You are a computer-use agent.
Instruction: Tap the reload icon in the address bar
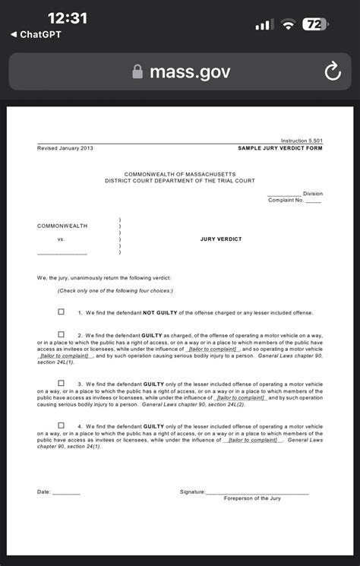[x=333, y=72]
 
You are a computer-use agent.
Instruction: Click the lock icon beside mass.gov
[x=137, y=72]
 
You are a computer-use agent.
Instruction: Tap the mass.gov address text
[x=190, y=72]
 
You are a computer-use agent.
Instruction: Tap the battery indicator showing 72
[x=314, y=24]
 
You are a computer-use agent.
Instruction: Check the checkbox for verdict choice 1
[x=62, y=311]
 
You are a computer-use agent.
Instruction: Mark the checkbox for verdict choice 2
[x=62, y=334]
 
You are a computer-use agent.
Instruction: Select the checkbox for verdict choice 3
[x=62, y=384]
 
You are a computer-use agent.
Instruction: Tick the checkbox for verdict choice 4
[x=62, y=425]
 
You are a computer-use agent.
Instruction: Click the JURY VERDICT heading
[x=221, y=239]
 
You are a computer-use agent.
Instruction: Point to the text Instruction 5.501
[x=302, y=141]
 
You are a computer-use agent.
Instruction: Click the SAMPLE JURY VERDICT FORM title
[x=280, y=148]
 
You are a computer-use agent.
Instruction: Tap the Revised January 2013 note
[x=65, y=148]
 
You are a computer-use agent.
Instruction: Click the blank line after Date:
[x=67, y=494]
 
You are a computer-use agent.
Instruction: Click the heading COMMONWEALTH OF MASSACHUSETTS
[x=180, y=174]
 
